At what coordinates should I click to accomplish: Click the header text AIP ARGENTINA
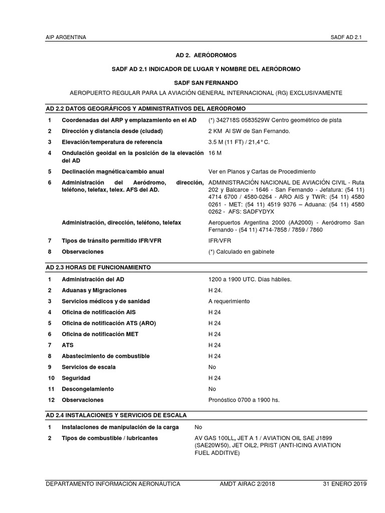[66, 38]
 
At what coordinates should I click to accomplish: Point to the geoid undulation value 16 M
[215, 152]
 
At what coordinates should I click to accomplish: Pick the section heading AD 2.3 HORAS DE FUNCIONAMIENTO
[98, 267]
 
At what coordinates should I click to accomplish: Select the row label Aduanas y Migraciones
[94, 290]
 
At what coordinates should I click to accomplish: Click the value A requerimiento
[229, 301]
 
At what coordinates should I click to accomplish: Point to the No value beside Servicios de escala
[212, 367]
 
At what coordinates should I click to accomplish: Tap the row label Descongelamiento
[88, 389]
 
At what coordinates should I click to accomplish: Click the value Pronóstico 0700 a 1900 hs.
[244, 400]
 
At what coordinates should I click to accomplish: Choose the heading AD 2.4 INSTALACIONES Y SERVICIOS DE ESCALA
[116, 415]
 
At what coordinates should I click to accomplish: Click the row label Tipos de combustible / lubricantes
[110, 438]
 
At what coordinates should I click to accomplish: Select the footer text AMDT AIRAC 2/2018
[247, 484]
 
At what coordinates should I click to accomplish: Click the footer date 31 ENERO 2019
[344, 484]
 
